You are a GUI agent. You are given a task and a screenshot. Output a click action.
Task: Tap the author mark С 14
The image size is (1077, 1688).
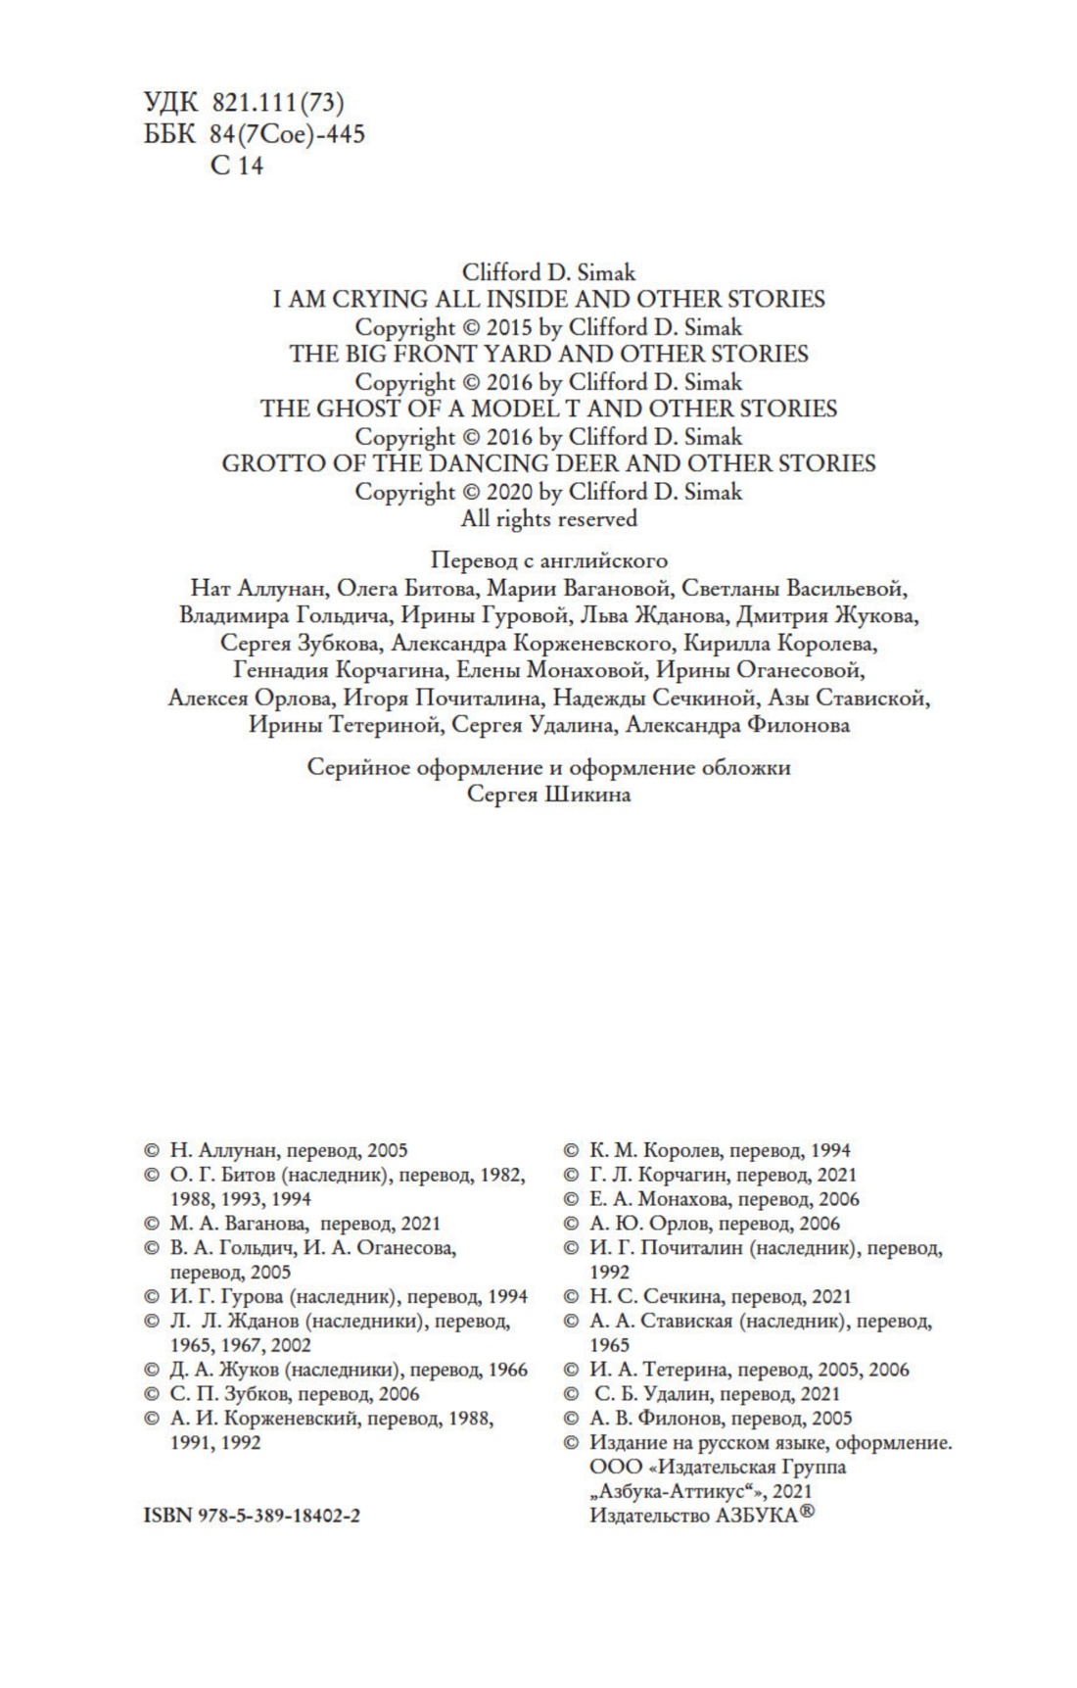(237, 166)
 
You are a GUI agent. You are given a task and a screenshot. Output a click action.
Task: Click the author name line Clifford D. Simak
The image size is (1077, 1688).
(548, 271)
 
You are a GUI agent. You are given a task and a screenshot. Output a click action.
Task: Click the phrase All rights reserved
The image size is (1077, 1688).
(548, 518)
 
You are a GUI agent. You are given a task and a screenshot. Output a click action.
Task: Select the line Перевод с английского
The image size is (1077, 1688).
(548, 561)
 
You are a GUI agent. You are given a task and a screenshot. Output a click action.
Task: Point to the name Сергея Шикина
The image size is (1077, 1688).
(548, 795)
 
